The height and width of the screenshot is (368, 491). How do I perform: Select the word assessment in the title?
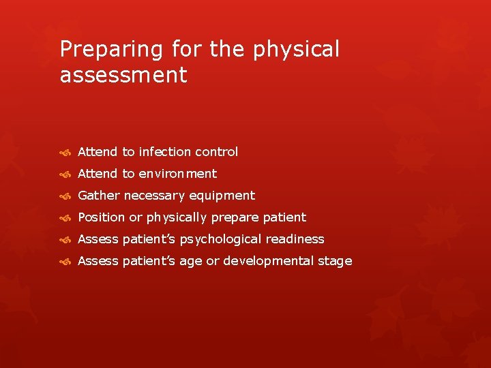123,75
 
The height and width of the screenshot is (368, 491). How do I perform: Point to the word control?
216,152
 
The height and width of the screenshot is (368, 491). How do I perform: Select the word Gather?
98,196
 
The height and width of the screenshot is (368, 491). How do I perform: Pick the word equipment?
222,196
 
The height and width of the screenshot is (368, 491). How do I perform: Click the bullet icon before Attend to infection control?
65,153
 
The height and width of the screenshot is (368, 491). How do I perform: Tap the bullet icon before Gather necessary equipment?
65,196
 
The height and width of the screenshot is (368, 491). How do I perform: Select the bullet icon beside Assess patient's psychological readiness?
65,240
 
